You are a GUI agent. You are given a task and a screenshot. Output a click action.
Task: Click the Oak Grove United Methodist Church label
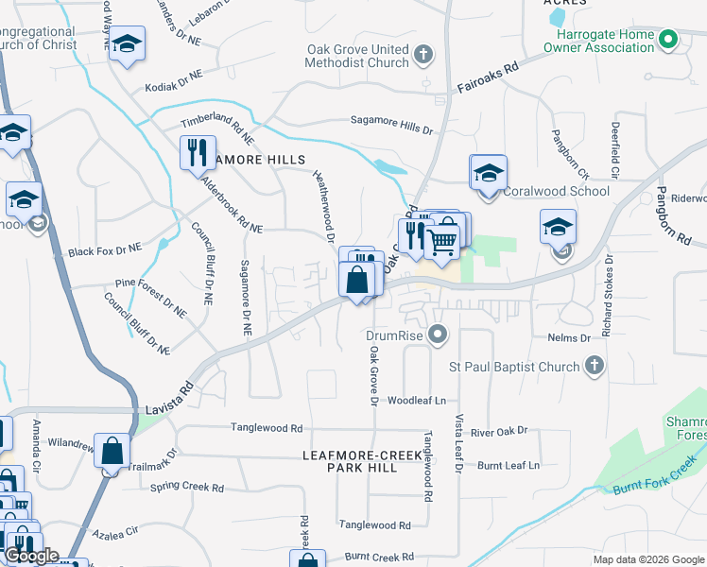click(x=356, y=56)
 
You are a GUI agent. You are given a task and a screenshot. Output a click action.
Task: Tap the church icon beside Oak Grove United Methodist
click(x=423, y=54)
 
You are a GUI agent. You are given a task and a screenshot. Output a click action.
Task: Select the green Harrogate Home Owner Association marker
click(x=668, y=41)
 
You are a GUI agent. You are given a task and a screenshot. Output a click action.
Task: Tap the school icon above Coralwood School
click(x=488, y=174)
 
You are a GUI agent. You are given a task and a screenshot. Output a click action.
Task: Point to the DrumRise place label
click(x=392, y=335)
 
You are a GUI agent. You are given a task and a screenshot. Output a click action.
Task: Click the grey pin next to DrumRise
click(x=437, y=335)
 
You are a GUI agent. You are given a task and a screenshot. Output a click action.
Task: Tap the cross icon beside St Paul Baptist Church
click(x=595, y=366)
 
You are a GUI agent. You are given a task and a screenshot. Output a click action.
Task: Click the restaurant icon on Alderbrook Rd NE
click(x=197, y=152)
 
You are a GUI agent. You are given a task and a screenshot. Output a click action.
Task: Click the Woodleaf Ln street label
click(x=416, y=401)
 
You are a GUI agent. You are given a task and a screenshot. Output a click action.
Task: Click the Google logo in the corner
click(x=32, y=557)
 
